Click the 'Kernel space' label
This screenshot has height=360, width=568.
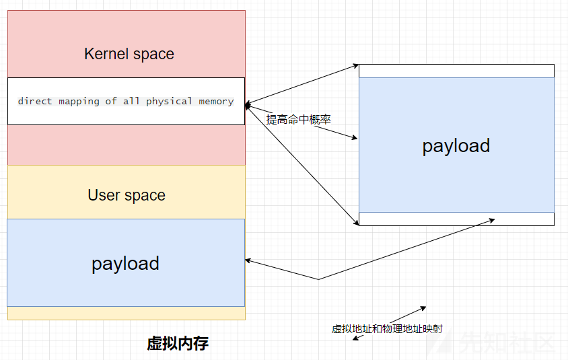[x=129, y=54]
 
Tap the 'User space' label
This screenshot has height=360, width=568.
[x=127, y=195]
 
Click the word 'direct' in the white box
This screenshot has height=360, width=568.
[x=35, y=101]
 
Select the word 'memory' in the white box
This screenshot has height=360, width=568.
[x=216, y=102]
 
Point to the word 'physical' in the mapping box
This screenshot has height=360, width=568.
[x=169, y=102]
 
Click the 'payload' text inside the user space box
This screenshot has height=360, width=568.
[x=125, y=264]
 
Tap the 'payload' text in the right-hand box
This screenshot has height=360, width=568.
[x=456, y=146]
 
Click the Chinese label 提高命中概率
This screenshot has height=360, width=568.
[x=299, y=120]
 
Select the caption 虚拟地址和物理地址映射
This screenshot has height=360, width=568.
[x=387, y=329]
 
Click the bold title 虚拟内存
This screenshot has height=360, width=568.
[x=178, y=343]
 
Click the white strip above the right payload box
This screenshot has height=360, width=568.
[x=456, y=71]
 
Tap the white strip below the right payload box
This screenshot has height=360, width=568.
[x=456, y=219]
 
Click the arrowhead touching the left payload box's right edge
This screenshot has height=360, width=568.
[x=248, y=260]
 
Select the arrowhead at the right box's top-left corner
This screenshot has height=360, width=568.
[x=356, y=66]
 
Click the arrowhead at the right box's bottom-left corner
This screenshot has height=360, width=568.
[x=356, y=222]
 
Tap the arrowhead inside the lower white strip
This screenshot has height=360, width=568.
[x=491, y=220]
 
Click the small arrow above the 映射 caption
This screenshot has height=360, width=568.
[x=408, y=314]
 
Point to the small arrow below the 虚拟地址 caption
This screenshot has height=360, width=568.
[x=358, y=338]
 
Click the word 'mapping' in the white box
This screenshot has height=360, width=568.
[x=79, y=102]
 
